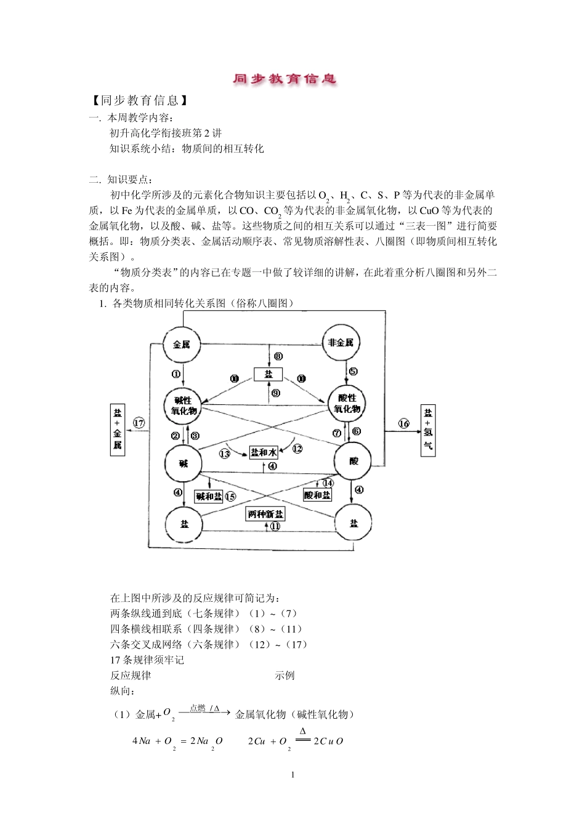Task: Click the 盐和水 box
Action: [264, 452]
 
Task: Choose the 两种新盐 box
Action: [265, 514]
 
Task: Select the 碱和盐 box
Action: [209, 497]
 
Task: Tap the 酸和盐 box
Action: [318, 495]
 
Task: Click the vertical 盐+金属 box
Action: [118, 430]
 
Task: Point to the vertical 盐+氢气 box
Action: [428, 431]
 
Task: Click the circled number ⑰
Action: [139, 423]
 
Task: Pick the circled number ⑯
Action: [403, 423]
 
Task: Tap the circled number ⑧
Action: [278, 356]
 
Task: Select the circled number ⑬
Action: [225, 453]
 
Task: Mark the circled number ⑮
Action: [230, 497]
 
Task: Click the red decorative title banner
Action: [284, 79]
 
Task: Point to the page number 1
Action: [292, 775]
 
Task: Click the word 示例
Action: [284, 675]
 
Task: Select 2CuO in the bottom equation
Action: [328, 741]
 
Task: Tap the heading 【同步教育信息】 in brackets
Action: [139, 100]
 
